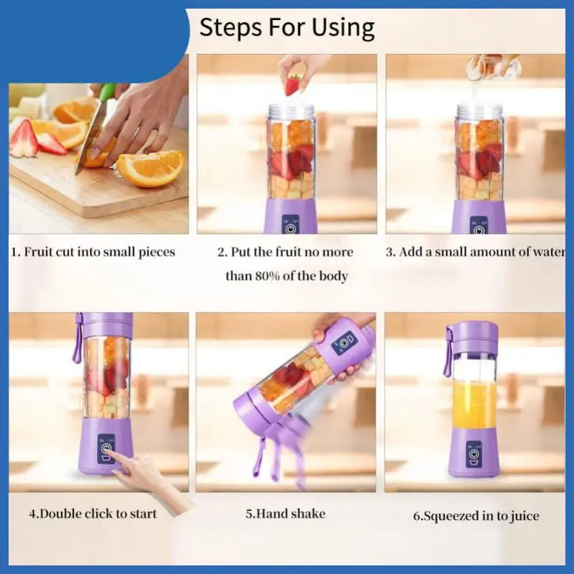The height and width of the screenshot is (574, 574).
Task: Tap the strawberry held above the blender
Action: click(x=293, y=84)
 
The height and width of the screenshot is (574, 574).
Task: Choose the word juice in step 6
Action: click(x=524, y=516)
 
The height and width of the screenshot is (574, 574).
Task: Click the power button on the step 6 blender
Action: click(x=474, y=454)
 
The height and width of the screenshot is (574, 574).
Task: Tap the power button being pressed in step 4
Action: click(x=105, y=448)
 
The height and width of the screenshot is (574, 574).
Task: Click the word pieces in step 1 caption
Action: click(x=156, y=253)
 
